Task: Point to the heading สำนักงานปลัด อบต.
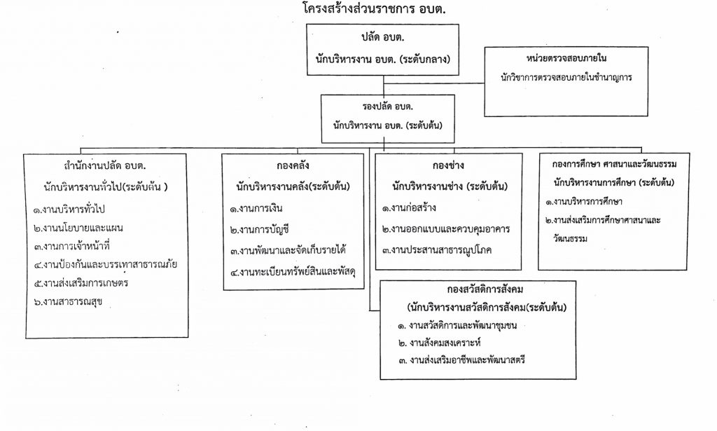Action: tap(109, 166)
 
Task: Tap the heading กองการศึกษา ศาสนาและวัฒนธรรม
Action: tap(621, 163)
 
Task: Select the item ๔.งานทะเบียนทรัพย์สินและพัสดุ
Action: tap(293, 272)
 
